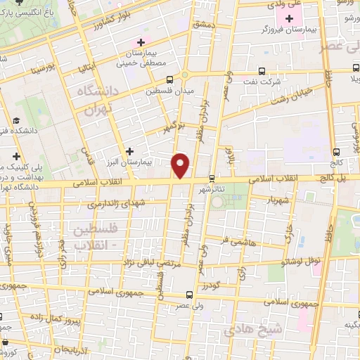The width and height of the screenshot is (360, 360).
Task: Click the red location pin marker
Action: point(181,165)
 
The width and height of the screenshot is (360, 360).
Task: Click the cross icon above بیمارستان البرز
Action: point(129,150)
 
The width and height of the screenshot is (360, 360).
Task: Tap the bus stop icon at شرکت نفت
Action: point(262,71)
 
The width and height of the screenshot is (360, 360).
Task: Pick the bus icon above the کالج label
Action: point(336,151)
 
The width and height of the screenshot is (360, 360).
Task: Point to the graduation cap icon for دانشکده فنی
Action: point(15,121)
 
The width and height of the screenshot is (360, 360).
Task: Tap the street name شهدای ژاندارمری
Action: point(97,203)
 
